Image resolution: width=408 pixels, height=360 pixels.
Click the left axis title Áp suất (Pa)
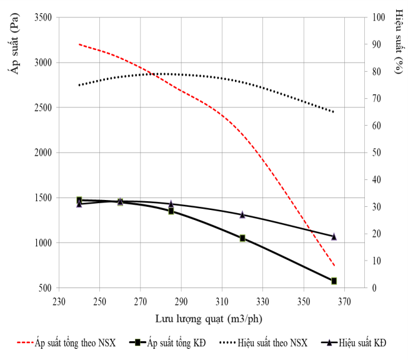(x=11, y=44)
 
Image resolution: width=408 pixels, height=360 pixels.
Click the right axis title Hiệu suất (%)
(x=398, y=42)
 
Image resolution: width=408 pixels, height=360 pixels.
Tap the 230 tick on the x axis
(x=59, y=301)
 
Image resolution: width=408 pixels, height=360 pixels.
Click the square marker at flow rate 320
(x=242, y=238)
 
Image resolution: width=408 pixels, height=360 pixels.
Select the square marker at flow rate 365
(x=334, y=281)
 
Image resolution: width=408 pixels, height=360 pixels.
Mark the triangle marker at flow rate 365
(x=334, y=236)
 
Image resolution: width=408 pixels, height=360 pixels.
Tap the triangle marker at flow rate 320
(x=242, y=214)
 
